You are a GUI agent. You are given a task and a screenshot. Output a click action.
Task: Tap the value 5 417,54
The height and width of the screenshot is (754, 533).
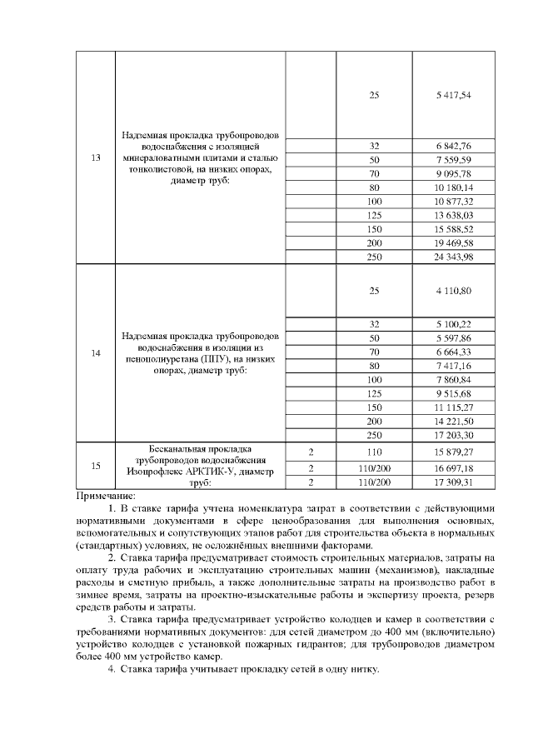pyautogui.click(x=453, y=95)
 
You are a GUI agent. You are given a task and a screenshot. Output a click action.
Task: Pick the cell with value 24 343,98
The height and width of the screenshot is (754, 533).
pyautogui.click(x=453, y=257)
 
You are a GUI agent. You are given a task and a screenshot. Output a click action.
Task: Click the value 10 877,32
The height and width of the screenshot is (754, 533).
pyautogui.click(x=453, y=202)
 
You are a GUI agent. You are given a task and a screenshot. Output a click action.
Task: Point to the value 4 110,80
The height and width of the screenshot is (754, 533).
pyautogui.click(x=453, y=290)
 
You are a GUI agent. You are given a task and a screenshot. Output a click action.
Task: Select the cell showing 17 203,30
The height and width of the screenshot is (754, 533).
pyautogui.click(x=453, y=434)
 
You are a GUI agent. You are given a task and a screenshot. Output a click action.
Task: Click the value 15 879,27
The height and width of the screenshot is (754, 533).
pyautogui.click(x=453, y=451)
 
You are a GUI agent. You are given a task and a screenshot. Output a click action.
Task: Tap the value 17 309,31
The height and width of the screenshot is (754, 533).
pyautogui.click(x=453, y=482)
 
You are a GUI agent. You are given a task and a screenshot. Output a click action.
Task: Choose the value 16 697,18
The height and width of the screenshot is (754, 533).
pyautogui.click(x=453, y=467)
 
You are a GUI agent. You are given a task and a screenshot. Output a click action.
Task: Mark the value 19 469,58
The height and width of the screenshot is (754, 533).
pyautogui.click(x=453, y=242)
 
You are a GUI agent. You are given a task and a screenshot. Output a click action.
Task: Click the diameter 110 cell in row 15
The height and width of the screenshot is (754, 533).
pyautogui.click(x=374, y=451)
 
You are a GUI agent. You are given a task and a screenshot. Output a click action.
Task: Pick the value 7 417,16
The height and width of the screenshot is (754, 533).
pyautogui.click(x=453, y=366)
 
